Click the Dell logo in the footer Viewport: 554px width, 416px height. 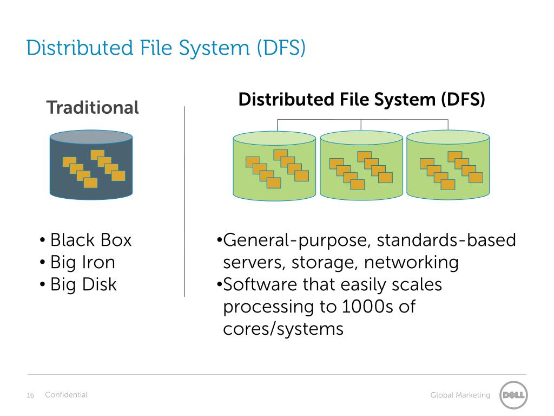click(x=513, y=395)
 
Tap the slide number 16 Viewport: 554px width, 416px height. click(x=30, y=395)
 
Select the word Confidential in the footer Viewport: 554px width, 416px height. click(x=66, y=395)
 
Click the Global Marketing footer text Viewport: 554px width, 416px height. click(x=460, y=395)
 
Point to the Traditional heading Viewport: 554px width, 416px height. click(x=93, y=107)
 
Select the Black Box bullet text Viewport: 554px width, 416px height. click(x=90, y=240)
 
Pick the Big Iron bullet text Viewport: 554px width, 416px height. click(x=82, y=262)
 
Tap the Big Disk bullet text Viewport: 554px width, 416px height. click(x=83, y=284)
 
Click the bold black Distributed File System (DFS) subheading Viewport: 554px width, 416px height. click(x=361, y=100)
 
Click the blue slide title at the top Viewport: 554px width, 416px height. click(x=166, y=48)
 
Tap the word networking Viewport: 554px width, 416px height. click(x=411, y=263)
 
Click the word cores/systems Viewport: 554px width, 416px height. click(x=283, y=329)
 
